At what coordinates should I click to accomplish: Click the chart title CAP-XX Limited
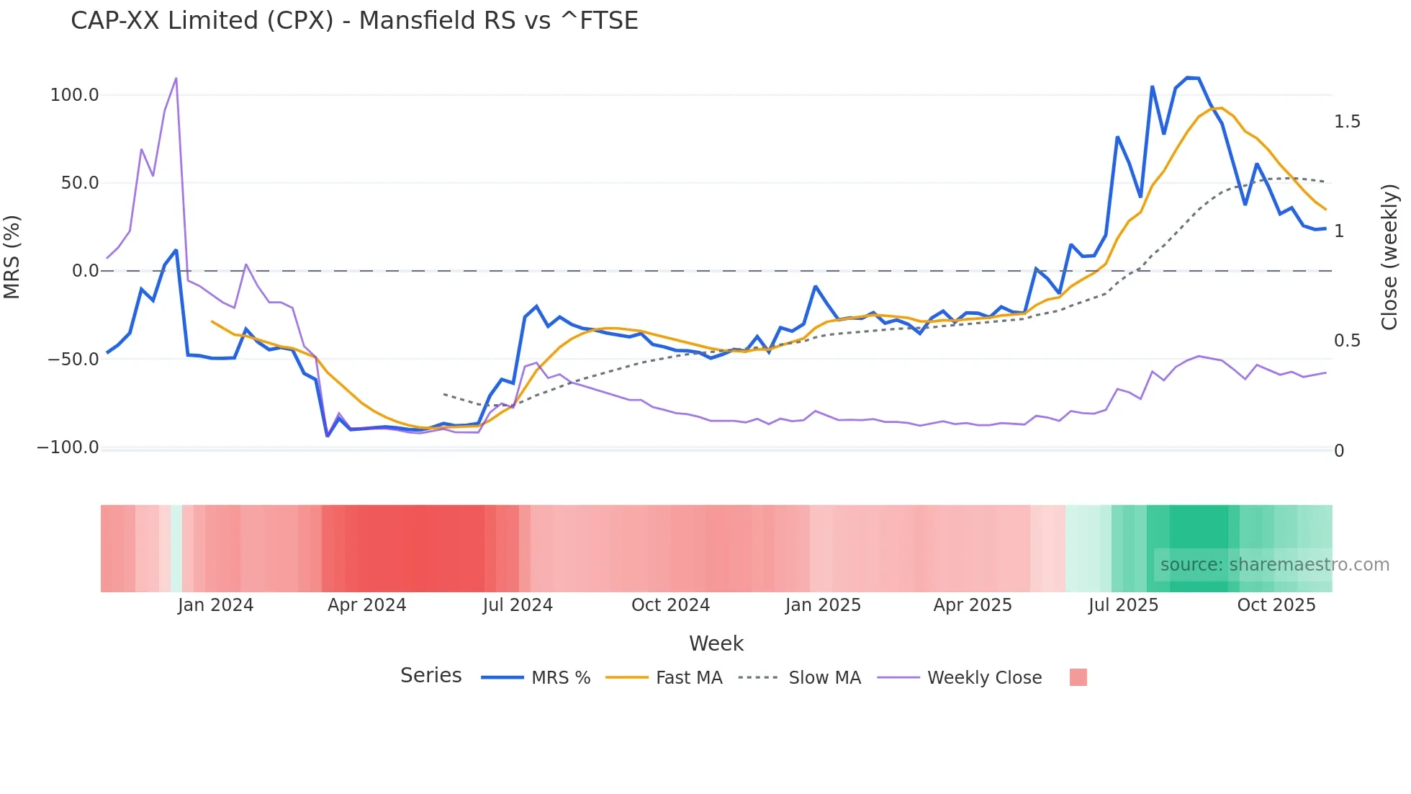point(354,20)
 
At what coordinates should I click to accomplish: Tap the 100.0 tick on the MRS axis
point(74,95)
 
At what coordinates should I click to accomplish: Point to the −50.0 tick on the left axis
point(73,360)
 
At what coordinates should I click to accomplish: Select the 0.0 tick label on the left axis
point(85,271)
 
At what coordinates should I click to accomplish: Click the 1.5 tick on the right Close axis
point(1347,122)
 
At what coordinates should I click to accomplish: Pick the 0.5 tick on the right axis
point(1347,341)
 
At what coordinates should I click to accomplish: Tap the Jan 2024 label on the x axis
point(215,605)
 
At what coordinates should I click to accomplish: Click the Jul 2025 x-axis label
point(1123,605)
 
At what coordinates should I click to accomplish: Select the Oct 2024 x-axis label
point(670,605)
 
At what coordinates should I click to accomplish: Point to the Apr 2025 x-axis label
point(972,605)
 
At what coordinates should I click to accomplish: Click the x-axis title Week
point(716,643)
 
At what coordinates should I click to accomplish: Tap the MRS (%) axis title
point(12,257)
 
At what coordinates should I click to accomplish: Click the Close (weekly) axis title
point(1389,257)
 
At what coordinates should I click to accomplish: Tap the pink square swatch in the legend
point(1078,677)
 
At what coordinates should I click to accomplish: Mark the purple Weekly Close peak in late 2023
point(176,79)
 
